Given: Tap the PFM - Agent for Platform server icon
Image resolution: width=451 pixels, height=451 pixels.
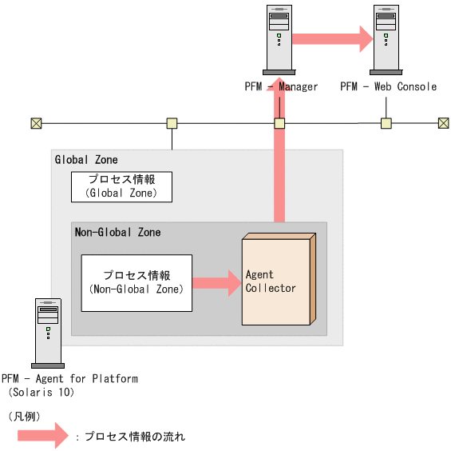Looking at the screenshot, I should [48, 333].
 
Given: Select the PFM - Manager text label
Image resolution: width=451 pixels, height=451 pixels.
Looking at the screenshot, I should [282, 86].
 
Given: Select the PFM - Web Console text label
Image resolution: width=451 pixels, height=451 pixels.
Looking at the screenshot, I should [388, 86].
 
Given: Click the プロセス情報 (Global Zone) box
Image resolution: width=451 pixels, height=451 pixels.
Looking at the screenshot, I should [121, 186].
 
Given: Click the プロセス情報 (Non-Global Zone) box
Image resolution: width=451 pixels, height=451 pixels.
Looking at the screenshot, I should [136, 282].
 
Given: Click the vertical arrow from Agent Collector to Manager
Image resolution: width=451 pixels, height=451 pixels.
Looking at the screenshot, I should [279, 160].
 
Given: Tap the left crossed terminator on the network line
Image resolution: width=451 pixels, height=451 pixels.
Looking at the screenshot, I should [36, 123].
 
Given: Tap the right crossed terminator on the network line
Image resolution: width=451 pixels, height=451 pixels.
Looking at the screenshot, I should [444, 123].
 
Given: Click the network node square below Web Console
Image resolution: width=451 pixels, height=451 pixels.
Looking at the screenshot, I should [386, 123].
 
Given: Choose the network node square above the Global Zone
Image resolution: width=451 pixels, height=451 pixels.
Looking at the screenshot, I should [172, 123].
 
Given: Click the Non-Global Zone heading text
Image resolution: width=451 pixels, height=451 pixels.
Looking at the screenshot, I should [117, 233].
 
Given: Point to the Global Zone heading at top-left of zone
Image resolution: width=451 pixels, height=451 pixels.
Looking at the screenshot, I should [86, 160].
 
